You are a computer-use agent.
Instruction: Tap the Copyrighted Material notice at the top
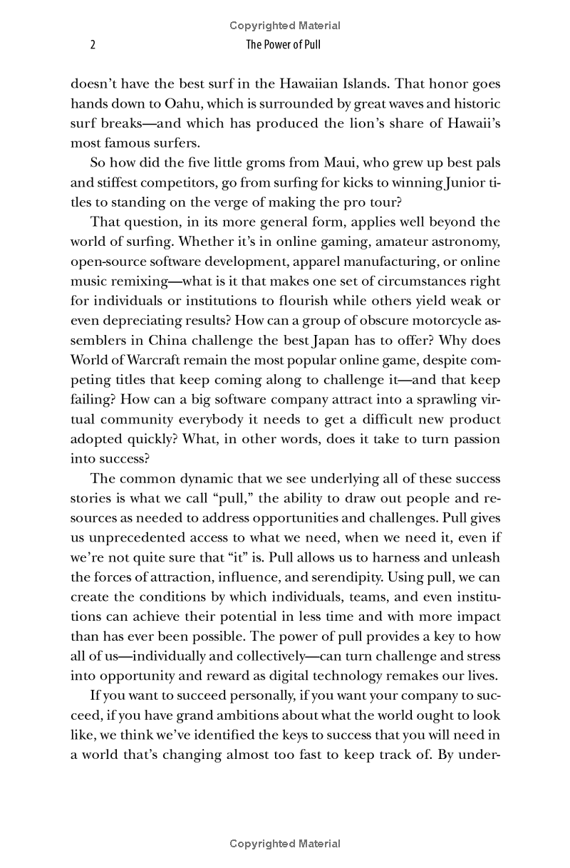285,26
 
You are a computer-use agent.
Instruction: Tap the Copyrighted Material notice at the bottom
285,844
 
